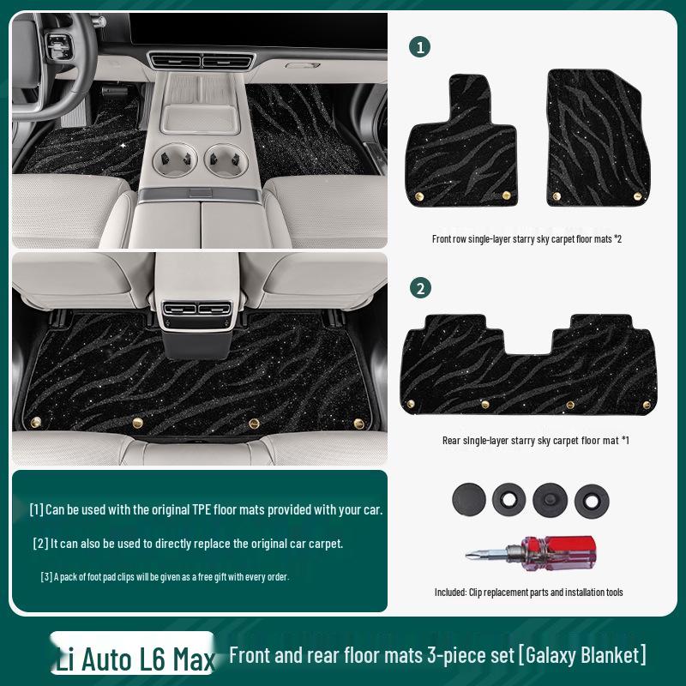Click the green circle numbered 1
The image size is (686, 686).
(x=420, y=47)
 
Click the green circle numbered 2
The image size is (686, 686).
(x=420, y=288)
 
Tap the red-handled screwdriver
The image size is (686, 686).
(x=531, y=549)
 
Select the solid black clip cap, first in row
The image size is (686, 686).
(x=468, y=497)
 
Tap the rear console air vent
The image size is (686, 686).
(x=196, y=310)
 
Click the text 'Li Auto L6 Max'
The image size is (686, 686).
(x=135, y=659)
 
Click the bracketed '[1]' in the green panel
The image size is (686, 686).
(x=36, y=510)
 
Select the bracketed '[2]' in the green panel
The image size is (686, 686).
(x=40, y=544)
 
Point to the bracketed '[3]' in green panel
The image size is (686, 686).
(x=45, y=576)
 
